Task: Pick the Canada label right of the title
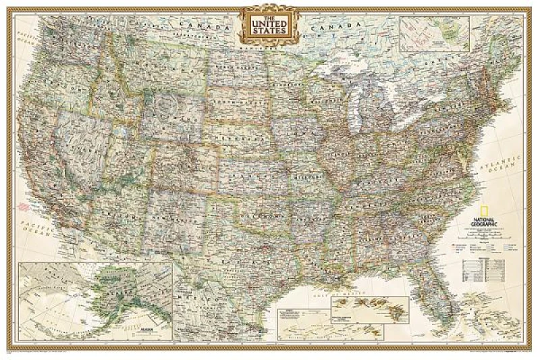330,26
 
